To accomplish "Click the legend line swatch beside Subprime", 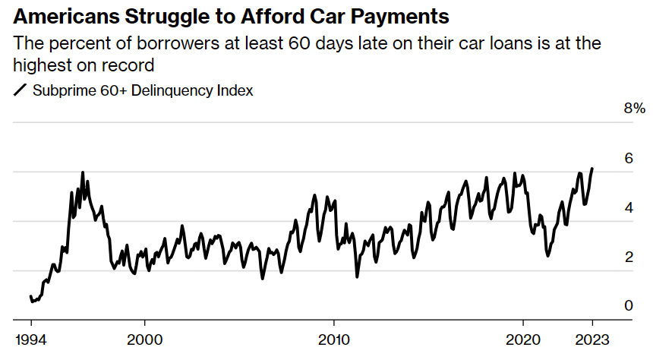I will pyautogui.click(x=20, y=90).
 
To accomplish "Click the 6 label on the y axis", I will pyautogui.click(x=629, y=158).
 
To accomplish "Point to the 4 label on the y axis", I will pyautogui.click(x=629, y=207).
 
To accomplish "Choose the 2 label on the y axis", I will pyautogui.click(x=629, y=257).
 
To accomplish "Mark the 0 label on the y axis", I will pyautogui.click(x=629, y=305).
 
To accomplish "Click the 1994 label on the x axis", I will pyautogui.click(x=31, y=339).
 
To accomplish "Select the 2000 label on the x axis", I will pyautogui.click(x=145, y=339).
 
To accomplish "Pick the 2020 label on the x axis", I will pyautogui.click(x=523, y=339).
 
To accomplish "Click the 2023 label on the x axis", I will pyautogui.click(x=592, y=339).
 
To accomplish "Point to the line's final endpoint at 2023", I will pyautogui.click(x=592, y=169).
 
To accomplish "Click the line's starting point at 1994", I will pyautogui.click(x=31, y=296).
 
